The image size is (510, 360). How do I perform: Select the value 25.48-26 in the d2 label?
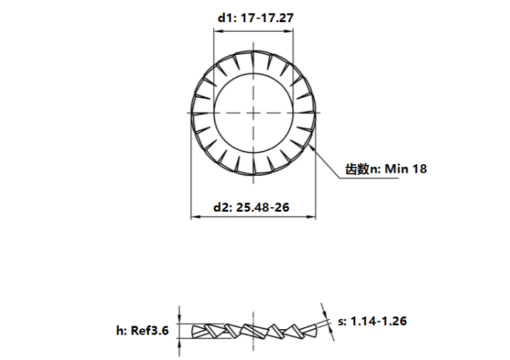[x=262, y=207]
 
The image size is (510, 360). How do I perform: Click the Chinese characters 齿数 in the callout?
[x=357, y=169]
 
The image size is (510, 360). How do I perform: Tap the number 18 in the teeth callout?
[x=419, y=169]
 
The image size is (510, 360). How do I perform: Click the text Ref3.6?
[x=149, y=331]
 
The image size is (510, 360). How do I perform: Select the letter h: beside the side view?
[x=121, y=331]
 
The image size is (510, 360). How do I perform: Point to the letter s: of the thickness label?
[x=342, y=321]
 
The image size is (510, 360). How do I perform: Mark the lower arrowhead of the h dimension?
[x=179, y=342]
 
